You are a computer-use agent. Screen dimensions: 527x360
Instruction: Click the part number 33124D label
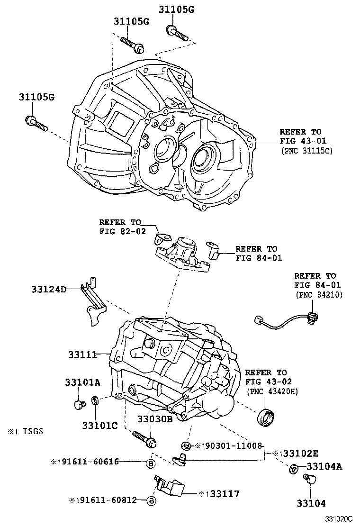point(49,289)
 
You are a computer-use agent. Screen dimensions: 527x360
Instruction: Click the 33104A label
point(324,466)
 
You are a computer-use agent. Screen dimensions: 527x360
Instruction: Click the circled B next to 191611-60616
point(150,463)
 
